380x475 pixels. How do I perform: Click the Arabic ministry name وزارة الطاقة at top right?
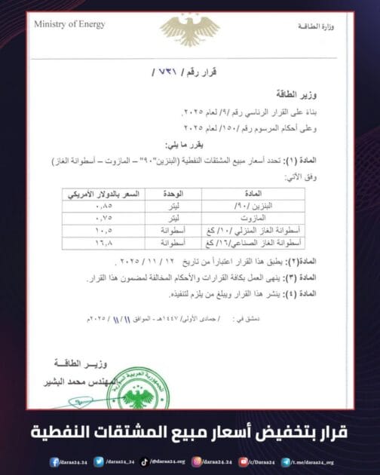click(324, 26)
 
